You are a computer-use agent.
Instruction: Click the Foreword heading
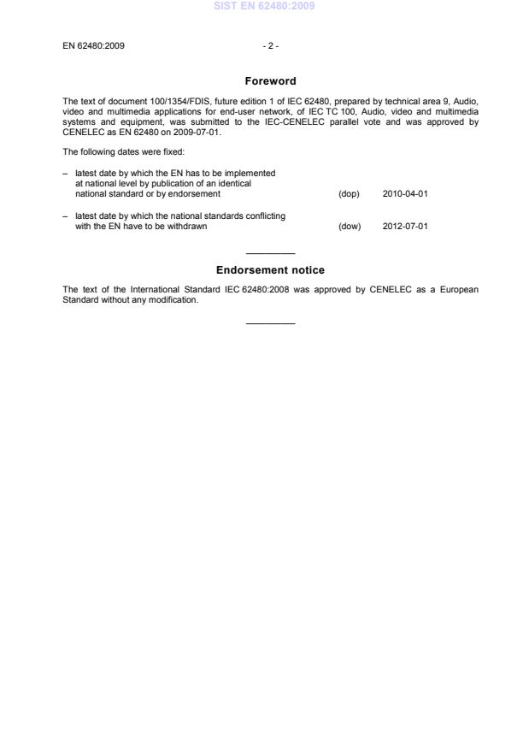point(270,81)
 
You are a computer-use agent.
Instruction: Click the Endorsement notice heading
point(270,270)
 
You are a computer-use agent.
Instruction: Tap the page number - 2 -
point(270,45)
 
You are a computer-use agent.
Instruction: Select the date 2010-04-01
point(405,194)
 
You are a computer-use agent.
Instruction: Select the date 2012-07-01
point(405,227)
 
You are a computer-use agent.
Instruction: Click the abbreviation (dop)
point(350,194)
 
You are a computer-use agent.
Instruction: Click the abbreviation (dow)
point(350,227)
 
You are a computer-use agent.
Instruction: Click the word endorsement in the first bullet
point(195,194)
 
